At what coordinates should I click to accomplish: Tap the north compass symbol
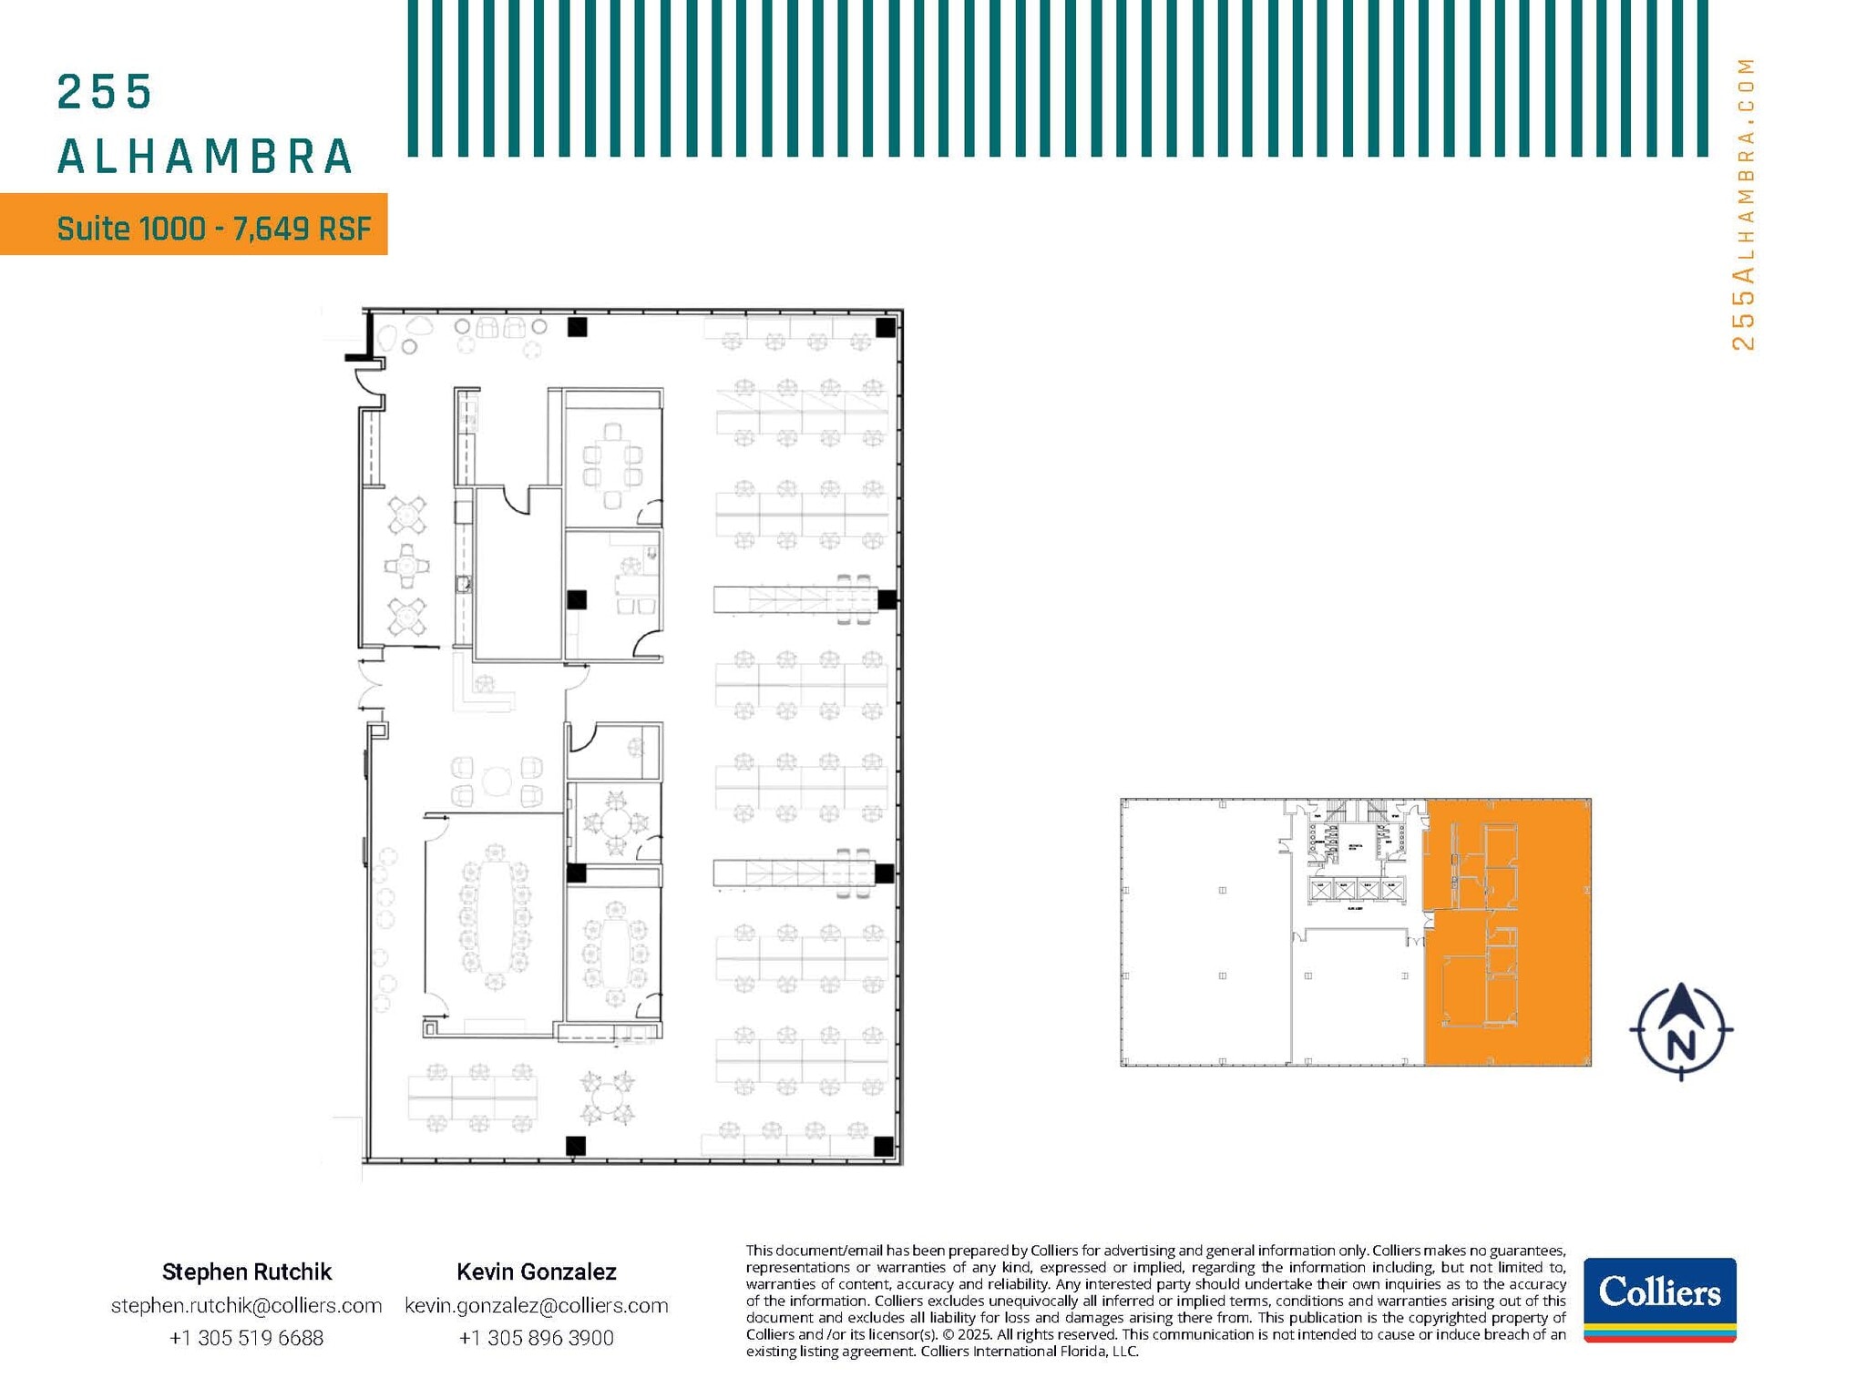tap(1681, 1031)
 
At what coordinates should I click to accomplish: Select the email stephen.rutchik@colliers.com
tap(246, 1305)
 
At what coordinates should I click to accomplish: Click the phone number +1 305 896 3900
tap(536, 1338)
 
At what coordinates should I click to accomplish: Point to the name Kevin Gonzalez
tap(536, 1271)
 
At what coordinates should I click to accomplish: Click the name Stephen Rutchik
tap(246, 1271)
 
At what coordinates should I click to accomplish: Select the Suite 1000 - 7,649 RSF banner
tap(194, 225)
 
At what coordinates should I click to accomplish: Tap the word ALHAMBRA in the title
tap(205, 157)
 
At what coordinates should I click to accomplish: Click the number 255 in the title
tap(104, 92)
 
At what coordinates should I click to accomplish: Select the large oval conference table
tap(495, 916)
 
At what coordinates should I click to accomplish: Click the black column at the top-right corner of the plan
tap(886, 327)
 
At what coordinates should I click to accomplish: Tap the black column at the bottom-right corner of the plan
tap(883, 1146)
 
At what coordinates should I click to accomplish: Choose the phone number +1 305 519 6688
tap(246, 1338)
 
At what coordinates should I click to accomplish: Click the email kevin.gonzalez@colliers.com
tap(536, 1305)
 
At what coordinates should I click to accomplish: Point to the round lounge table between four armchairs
tap(497, 781)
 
